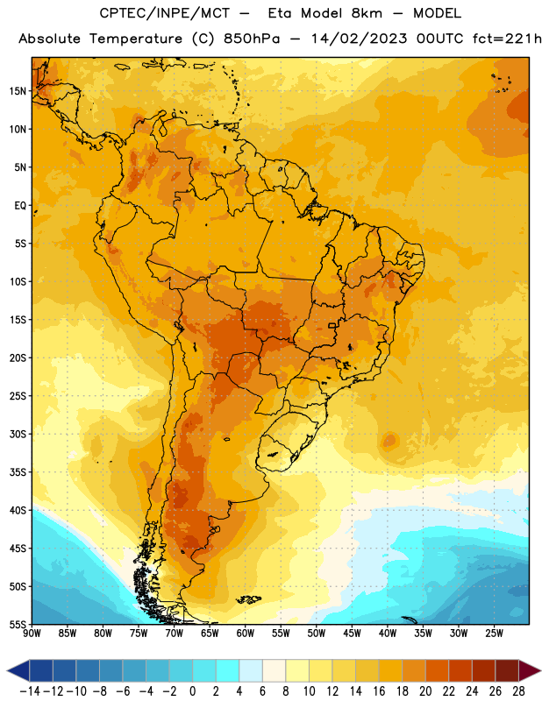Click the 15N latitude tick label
click(18, 91)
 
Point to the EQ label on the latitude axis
click(20, 206)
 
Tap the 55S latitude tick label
click(18, 625)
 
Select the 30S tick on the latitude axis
click(18, 434)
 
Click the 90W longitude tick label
click(32, 634)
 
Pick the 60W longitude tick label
click(246, 634)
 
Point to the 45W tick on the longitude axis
click(352, 634)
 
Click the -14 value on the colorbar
click(30, 691)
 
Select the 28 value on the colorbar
click(518, 691)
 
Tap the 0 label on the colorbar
click(192, 691)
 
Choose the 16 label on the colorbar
click(379, 691)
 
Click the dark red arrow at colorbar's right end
click(529, 670)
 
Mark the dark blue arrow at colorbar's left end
click(18, 670)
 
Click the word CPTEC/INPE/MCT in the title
click(165, 13)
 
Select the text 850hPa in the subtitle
click(252, 39)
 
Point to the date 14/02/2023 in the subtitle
click(359, 39)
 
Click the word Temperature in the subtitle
click(136, 39)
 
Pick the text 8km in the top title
click(367, 13)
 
